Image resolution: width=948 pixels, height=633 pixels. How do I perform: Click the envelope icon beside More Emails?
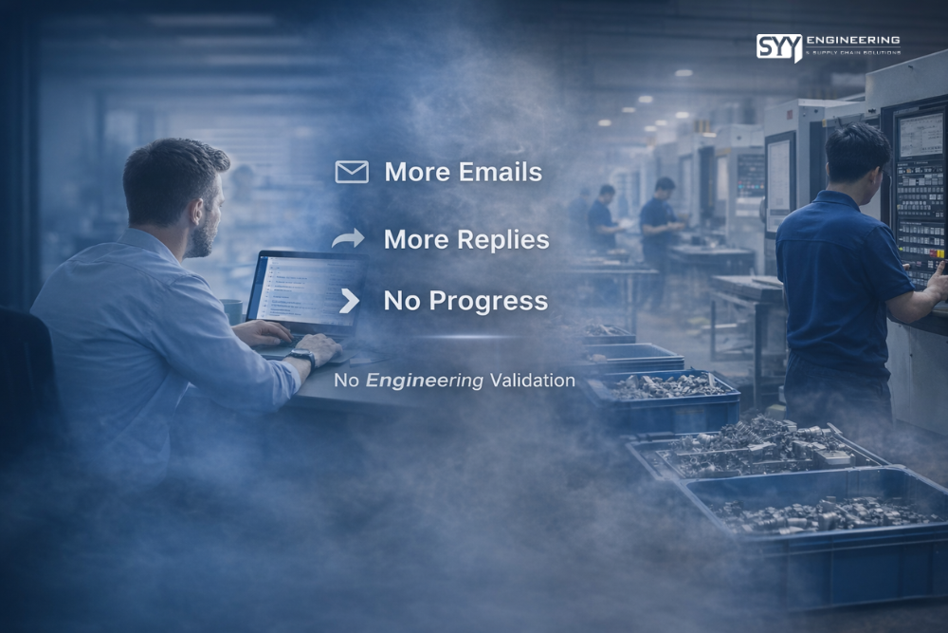[x=352, y=172]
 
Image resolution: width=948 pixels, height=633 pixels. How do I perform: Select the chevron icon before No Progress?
[x=350, y=301]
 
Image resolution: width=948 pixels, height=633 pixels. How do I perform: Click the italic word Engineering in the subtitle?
[x=425, y=381]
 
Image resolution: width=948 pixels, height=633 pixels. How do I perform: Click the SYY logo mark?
[x=778, y=47]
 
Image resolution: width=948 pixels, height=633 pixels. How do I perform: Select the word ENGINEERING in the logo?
[x=853, y=39]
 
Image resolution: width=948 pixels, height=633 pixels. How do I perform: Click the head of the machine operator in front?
[x=857, y=156]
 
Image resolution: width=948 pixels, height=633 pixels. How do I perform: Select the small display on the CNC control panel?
[x=920, y=135]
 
